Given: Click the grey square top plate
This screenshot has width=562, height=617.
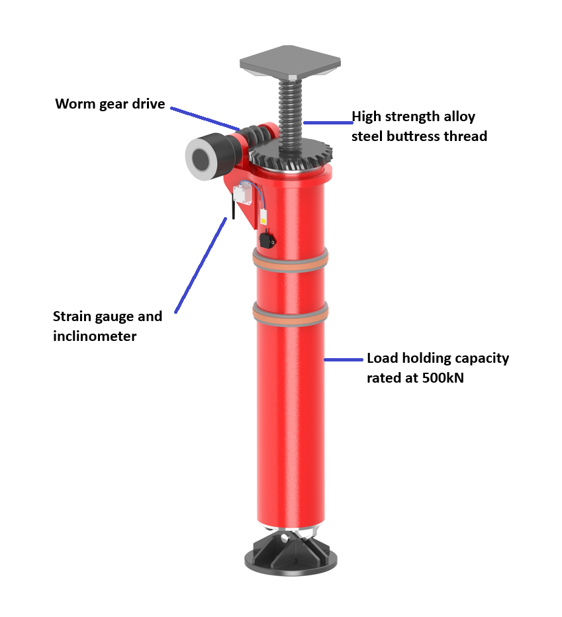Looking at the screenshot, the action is point(290,62).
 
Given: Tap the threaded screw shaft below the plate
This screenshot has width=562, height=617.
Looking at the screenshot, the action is point(290,112).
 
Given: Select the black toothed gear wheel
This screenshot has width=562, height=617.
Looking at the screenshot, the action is point(291,156).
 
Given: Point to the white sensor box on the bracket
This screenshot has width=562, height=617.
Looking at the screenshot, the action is point(242,193).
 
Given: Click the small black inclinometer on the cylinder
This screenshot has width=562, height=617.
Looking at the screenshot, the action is point(267,240).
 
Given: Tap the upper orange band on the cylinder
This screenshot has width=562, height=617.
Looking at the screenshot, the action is point(291,260).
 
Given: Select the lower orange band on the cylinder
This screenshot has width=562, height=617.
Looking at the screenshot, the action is point(291,314).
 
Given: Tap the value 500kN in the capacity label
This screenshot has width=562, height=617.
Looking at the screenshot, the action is point(443,378).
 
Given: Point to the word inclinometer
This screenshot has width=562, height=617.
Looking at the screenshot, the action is point(95,336).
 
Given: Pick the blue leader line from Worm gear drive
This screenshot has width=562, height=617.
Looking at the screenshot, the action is point(205,118).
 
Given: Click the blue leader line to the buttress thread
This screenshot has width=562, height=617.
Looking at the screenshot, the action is point(328,122).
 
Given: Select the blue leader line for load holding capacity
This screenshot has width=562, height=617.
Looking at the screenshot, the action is point(343,359).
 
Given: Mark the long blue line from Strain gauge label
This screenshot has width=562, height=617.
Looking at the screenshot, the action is point(201,265).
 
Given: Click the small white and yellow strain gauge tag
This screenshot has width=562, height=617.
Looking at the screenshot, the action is point(263,217).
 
